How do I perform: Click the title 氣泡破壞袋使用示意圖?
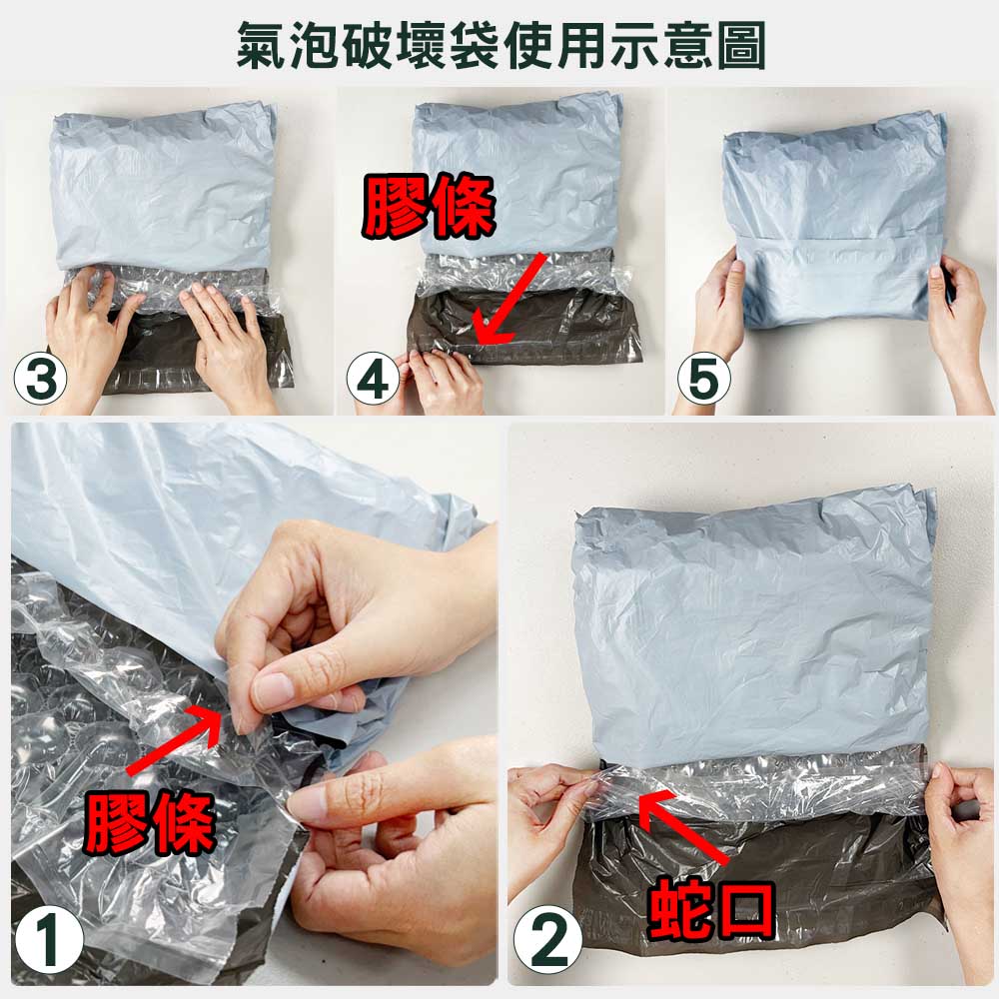pos(500,45)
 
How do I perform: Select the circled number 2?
pos(547,938)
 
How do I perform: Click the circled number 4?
pos(373,379)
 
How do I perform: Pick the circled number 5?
pos(704,379)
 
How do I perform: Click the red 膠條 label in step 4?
pos(429,206)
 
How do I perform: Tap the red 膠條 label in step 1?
pos(149,822)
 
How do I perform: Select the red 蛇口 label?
pos(711,908)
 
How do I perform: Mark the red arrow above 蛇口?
pos(683,826)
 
